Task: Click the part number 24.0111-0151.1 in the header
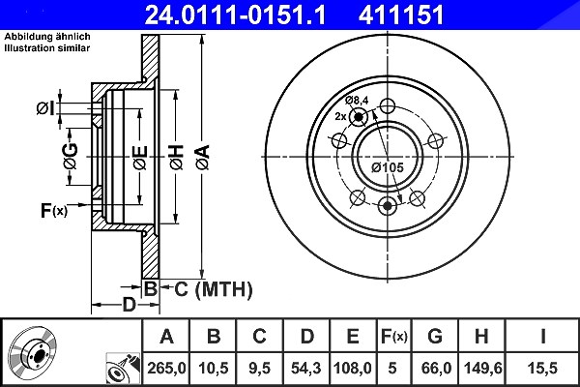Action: (235, 15)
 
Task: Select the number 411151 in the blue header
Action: (401, 15)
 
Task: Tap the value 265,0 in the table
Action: (166, 368)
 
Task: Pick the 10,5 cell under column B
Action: (214, 368)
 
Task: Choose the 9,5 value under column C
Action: (259, 368)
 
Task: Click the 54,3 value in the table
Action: (306, 368)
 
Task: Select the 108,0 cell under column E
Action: (353, 368)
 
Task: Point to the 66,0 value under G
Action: (436, 368)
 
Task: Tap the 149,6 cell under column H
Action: (482, 368)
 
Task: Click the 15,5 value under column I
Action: (542, 368)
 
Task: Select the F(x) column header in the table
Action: (394, 337)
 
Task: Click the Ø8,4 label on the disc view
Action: (357, 100)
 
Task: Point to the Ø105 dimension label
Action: (388, 167)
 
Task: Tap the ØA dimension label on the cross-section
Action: (203, 158)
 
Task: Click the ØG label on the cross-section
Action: (71, 156)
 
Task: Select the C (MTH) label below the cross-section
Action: (214, 289)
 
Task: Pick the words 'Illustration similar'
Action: (47, 48)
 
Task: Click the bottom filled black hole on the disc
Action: (388, 205)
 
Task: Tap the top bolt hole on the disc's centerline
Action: (388, 106)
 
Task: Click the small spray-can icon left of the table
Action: (124, 367)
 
